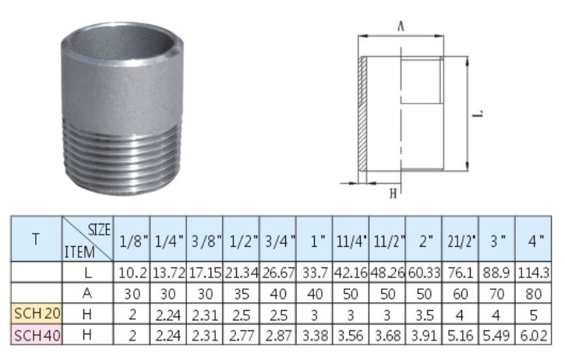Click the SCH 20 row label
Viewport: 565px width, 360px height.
coord(37,313)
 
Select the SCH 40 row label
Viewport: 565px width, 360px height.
coord(37,335)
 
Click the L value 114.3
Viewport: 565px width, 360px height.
coord(533,273)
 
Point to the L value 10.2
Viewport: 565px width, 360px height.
coord(132,274)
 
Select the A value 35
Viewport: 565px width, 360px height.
coord(242,294)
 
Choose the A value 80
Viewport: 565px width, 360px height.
coord(533,294)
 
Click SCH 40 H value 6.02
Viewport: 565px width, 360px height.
coord(533,336)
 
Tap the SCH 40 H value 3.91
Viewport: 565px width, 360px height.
coord(424,336)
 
